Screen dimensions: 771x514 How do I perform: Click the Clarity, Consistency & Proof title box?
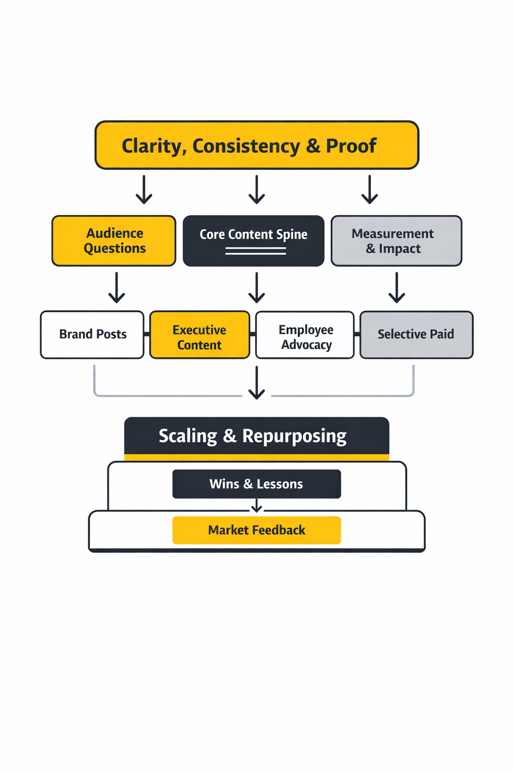pos(256,145)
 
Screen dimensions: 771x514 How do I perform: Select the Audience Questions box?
pos(114,241)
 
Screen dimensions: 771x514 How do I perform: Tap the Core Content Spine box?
pos(253,241)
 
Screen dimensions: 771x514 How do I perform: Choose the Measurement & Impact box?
pos(396,241)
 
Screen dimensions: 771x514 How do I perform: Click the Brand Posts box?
pos(92,335)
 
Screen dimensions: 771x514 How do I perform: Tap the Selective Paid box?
pos(416,335)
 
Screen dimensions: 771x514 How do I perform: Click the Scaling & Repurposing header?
pos(256,436)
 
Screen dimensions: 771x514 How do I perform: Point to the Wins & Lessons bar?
pos(256,484)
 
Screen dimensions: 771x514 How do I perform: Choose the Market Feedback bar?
pos(256,530)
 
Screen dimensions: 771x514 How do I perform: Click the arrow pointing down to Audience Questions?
pos(144,190)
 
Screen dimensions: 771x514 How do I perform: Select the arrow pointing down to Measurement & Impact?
pos(369,190)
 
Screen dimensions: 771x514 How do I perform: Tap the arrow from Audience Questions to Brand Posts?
pos(116,288)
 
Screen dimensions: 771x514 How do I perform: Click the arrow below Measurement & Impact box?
pos(397,288)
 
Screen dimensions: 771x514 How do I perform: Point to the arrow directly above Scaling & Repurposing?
pos(256,382)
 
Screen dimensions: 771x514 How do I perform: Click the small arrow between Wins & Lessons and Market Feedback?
pos(256,506)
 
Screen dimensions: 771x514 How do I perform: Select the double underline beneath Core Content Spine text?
pos(255,251)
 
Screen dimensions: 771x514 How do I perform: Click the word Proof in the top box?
pos(351,146)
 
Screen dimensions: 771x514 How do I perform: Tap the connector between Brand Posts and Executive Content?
pos(147,334)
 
